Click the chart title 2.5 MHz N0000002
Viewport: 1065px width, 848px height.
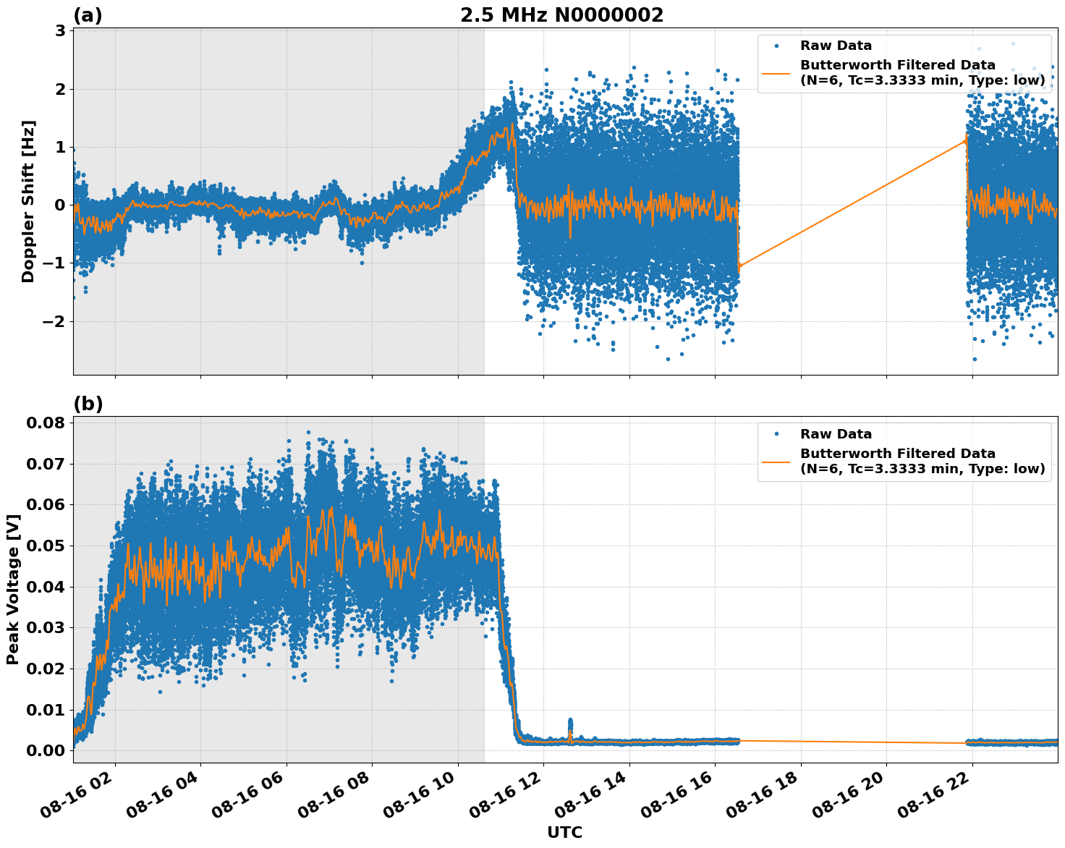click(561, 15)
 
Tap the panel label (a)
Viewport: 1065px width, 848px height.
click(88, 15)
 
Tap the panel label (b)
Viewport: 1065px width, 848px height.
click(88, 404)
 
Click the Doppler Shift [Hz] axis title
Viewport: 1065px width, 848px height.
click(28, 201)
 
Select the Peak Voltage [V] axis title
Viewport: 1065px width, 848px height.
click(12, 589)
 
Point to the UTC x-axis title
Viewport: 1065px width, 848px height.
click(564, 833)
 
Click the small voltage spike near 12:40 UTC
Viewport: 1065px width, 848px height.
click(570, 724)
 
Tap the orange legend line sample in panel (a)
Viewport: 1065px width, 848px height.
click(776, 73)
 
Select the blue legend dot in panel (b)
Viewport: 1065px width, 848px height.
click(776, 434)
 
